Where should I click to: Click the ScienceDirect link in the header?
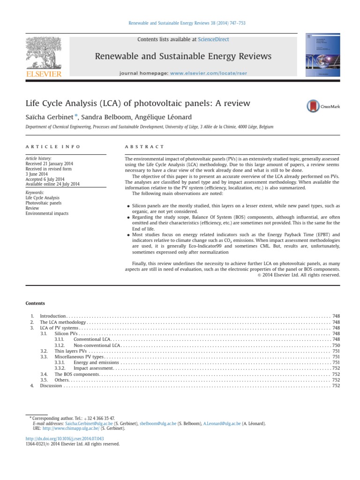pos(213,39)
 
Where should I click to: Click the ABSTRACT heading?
pos(144,147)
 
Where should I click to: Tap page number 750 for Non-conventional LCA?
pos(336,345)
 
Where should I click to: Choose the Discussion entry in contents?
pos(51,385)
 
